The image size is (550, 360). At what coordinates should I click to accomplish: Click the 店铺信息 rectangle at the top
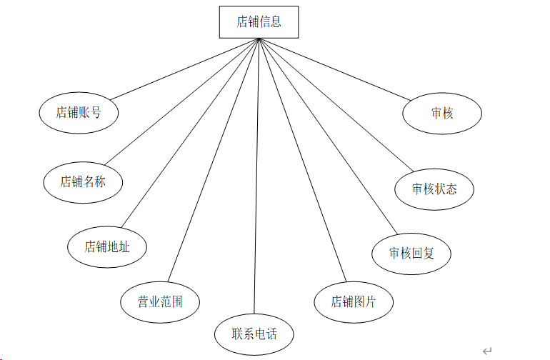pyautogui.click(x=259, y=22)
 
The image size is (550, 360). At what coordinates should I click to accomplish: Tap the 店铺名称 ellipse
pyautogui.click(x=83, y=181)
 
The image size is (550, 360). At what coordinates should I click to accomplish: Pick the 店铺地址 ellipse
pyautogui.click(x=107, y=247)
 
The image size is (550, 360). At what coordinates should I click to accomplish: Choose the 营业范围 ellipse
pyautogui.click(x=160, y=301)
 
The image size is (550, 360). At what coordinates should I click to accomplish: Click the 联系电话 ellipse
pyautogui.click(x=254, y=334)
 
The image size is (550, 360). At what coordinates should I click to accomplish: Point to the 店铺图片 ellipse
pyautogui.click(x=354, y=301)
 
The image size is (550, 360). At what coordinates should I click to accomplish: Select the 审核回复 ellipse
pyautogui.click(x=411, y=253)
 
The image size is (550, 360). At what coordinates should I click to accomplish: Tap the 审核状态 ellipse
pyautogui.click(x=434, y=189)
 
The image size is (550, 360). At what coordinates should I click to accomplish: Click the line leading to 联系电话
pyautogui.click(x=256, y=179)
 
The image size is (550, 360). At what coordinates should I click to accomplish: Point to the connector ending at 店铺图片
pyautogui.click(x=303, y=161)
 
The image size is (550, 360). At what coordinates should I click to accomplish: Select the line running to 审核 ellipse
pyautogui.click(x=336, y=69)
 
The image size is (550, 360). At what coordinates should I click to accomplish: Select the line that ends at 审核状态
pyautogui.click(x=336, y=106)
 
